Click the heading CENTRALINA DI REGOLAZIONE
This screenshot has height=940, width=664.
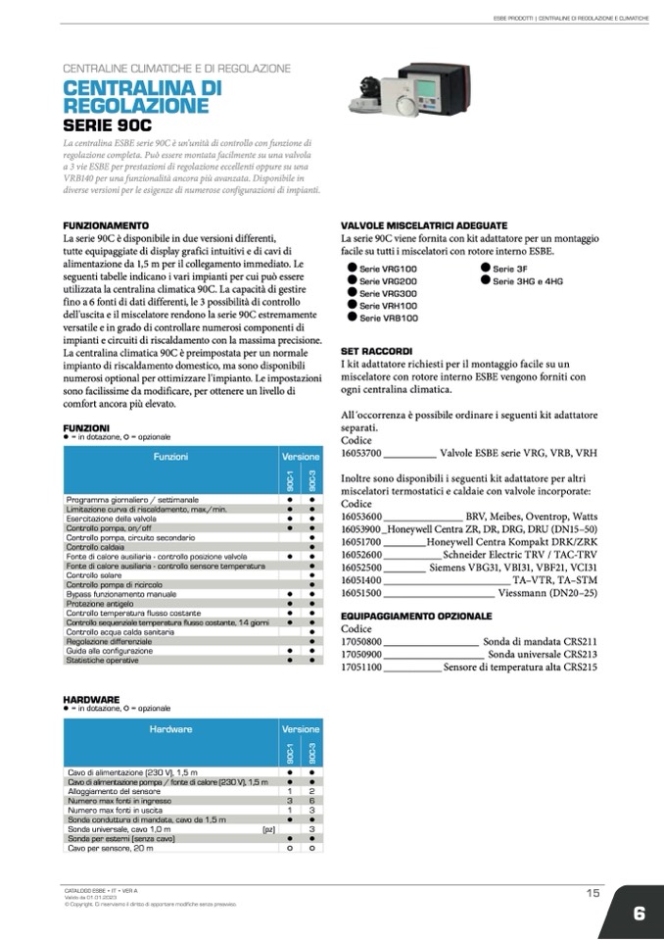(142, 96)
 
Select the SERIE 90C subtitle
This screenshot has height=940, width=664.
(108, 125)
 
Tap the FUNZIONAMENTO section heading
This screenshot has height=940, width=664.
(106, 225)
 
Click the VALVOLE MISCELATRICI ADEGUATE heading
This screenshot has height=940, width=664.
(423, 225)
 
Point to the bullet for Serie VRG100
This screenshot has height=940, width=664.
(352, 268)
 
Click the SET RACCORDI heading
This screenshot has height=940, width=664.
(376, 350)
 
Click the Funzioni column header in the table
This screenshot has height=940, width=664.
(170, 457)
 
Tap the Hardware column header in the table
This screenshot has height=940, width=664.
(170, 729)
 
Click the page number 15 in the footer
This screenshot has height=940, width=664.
(593, 892)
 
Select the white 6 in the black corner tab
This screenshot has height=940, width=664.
(639, 914)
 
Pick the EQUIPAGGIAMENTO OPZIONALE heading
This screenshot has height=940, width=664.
(416, 616)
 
